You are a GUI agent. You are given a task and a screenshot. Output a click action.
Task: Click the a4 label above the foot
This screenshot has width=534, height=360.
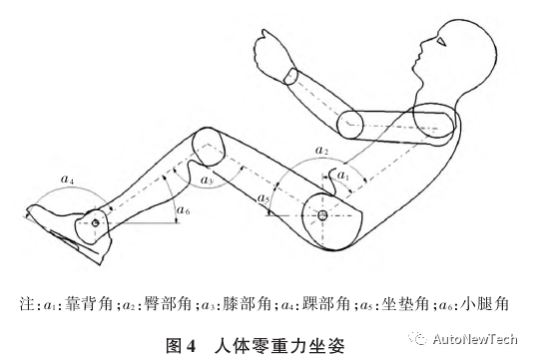pos(66,180)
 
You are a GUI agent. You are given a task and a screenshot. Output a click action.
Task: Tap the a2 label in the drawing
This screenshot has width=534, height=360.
pos(321,151)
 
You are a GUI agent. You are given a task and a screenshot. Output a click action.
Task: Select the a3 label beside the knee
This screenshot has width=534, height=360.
pos(206,180)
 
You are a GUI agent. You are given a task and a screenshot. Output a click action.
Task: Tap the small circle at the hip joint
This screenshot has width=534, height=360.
pos(324,215)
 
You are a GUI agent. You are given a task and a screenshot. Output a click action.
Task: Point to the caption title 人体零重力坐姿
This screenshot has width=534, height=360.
pos(278,339)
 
